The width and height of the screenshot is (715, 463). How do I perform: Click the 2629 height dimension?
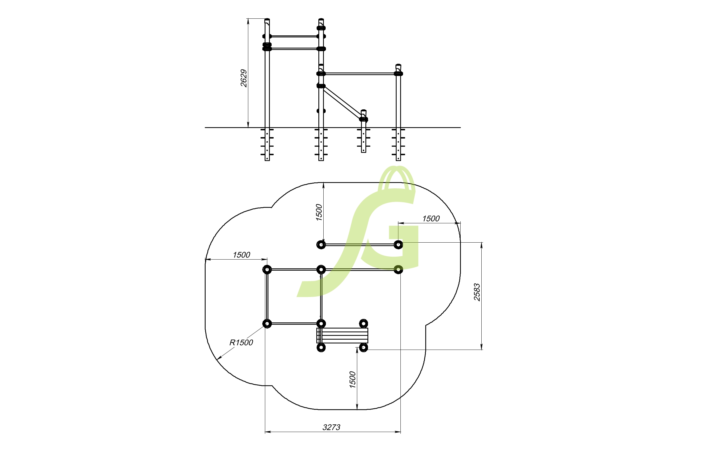[244, 78]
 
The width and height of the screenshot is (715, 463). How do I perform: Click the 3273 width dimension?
[332, 427]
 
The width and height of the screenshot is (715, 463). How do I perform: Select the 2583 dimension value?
[477, 292]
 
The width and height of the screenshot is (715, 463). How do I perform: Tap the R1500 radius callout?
[241, 343]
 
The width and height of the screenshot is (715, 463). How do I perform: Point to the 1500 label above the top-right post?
[431, 219]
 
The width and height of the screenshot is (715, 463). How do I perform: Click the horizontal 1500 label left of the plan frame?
[241, 255]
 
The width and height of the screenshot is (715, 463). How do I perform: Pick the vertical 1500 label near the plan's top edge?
[319, 213]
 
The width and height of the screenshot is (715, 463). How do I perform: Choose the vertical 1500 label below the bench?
[353, 380]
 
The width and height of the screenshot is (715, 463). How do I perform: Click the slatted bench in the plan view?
[342, 336]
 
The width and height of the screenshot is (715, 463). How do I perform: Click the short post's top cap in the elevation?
[364, 111]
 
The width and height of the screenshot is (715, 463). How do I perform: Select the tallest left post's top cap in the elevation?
[267, 20]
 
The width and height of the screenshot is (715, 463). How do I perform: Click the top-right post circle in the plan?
[398, 245]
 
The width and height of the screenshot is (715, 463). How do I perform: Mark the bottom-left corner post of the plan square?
[267, 324]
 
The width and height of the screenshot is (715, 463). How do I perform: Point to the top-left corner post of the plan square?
[267, 270]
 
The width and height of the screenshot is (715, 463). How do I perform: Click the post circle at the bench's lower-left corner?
[321, 348]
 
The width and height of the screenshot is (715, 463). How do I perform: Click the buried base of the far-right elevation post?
[398, 144]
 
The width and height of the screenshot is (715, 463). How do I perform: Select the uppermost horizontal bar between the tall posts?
[294, 36]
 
